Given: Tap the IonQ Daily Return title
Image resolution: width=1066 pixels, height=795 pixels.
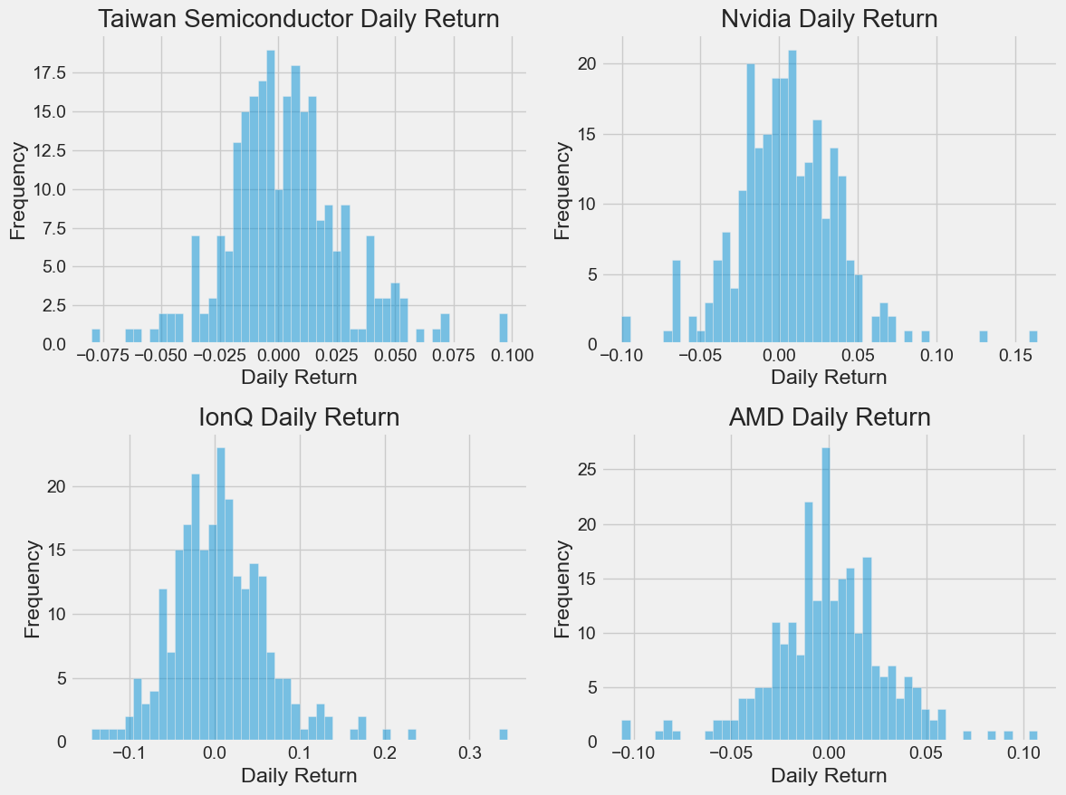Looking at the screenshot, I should [x=298, y=417].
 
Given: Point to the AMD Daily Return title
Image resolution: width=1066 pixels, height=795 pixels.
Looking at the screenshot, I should [x=829, y=417].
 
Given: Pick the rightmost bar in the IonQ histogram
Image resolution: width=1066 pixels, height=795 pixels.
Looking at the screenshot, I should [x=504, y=735].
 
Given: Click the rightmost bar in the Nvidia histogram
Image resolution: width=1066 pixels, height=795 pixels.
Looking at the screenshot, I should [x=1033, y=338].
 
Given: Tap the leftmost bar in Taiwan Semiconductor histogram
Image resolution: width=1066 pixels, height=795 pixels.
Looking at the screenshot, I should [x=96, y=337].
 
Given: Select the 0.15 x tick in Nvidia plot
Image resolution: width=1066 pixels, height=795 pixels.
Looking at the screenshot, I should [x=1015, y=355].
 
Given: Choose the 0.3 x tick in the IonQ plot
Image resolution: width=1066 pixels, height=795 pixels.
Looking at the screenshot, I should [x=469, y=752].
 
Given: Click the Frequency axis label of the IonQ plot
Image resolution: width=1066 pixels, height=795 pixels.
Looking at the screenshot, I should [x=33, y=589].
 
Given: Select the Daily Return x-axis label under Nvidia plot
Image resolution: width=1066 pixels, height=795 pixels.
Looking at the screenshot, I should [x=829, y=377].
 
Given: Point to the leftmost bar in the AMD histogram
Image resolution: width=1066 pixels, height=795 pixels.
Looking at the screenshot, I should [x=626, y=731].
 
